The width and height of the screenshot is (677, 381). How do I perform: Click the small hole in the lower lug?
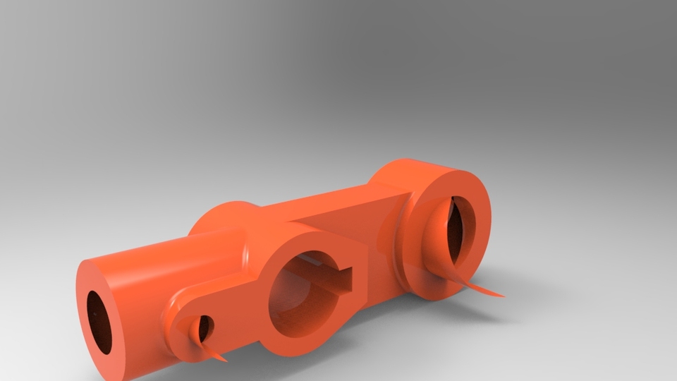pos(204,327)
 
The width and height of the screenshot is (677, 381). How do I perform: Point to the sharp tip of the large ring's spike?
pos(504,296)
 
